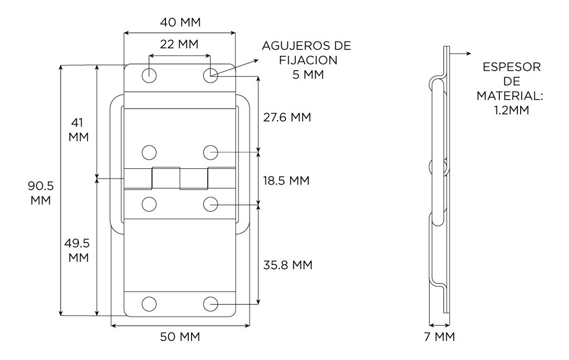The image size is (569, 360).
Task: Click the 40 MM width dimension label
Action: [180, 22]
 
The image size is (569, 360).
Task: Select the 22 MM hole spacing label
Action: [179, 44]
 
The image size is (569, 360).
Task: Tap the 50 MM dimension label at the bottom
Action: [180, 337]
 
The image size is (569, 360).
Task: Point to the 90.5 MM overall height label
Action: [41, 193]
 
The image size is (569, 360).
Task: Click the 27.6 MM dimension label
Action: [287, 117]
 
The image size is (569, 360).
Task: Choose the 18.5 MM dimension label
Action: [286, 181]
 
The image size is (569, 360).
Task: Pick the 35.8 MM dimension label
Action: [288, 265]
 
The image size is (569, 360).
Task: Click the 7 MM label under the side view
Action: [440, 337]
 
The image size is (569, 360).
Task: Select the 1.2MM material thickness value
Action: [512, 110]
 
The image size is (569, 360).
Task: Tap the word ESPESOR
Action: [512, 67]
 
